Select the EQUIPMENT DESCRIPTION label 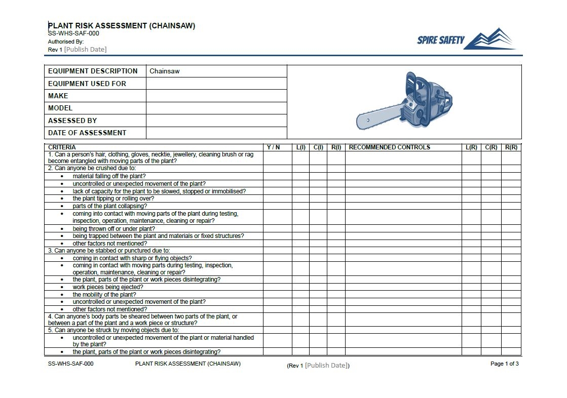click(x=93, y=71)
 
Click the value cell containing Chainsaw click(x=216, y=71)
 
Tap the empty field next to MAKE click(x=216, y=96)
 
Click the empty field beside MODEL click(x=216, y=108)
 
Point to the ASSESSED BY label click(x=72, y=121)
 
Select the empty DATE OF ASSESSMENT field click(x=216, y=133)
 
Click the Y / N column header click(x=273, y=147)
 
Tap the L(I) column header click(x=301, y=147)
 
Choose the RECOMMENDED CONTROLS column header click(x=390, y=147)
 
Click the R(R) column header click(x=511, y=147)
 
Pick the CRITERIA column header click(x=62, y=147)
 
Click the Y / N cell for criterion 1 click(x=277, y=157)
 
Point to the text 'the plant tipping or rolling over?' click(x=113, y=198)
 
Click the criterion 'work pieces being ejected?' click(x=108, y=287)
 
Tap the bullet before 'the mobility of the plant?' click(x=62, y=295)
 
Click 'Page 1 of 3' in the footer click(x=504, y=364)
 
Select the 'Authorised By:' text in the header click(x=66, y=42)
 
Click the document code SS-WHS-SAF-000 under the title click(x=73, y=33)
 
